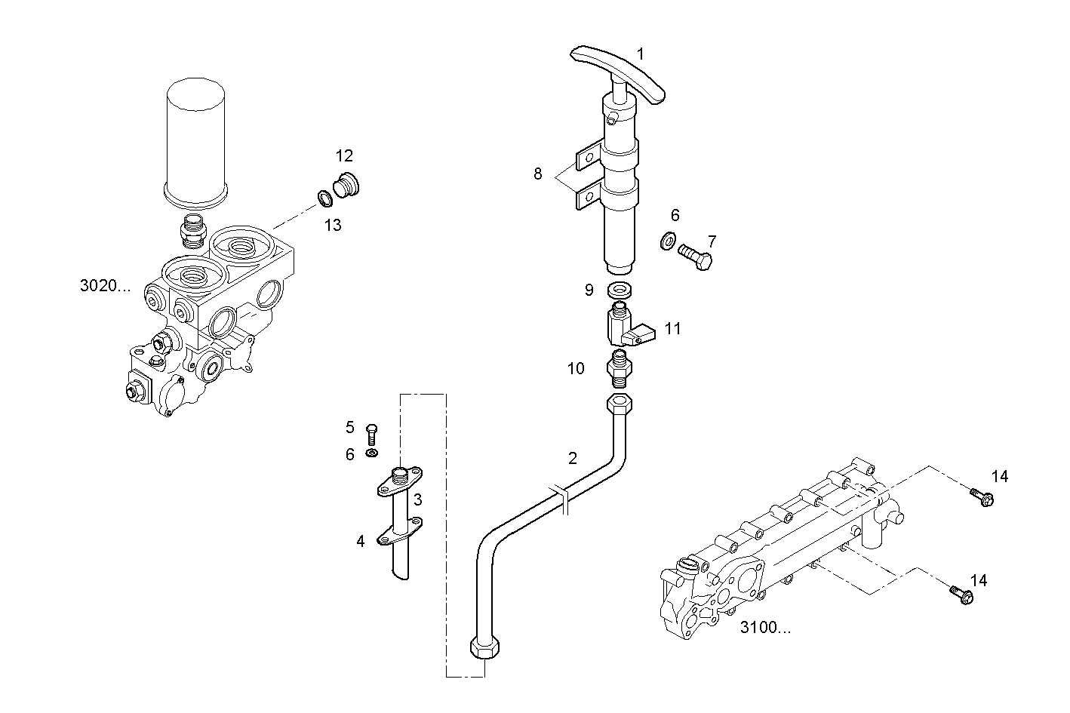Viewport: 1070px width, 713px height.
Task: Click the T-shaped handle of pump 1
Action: (x=617, y=72)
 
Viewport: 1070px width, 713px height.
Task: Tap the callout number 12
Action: (x=344, y=155)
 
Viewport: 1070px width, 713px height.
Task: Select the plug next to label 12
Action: (x=346, y=185)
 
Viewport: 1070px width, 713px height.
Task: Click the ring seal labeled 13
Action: (x=325, y=198)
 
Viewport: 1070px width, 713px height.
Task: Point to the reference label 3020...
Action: (x=105, y=286)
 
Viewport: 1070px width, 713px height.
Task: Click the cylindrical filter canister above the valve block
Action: (x=195, y=143)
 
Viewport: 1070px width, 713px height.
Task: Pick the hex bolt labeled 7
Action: (x=696, y=256)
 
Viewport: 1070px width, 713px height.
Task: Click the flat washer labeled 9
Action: (x=619, y=290)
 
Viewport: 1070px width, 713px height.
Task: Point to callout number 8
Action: (x=538, y=174)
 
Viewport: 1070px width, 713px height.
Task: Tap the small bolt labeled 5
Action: (x=372, y=434)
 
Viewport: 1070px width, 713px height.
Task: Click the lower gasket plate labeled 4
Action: (x=399, y=531)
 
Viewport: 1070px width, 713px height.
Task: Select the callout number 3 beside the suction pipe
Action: (x=418, y=499)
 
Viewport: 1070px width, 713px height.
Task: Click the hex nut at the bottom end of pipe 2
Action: (x=485, y=648)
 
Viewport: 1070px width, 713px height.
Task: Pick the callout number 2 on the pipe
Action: (x=573, y=459)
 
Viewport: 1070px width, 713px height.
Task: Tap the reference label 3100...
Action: (x=765, y=627)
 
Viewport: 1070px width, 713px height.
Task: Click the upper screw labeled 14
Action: (x=982, y=497)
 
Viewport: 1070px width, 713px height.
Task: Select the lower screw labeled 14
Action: (x=961, y=595)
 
